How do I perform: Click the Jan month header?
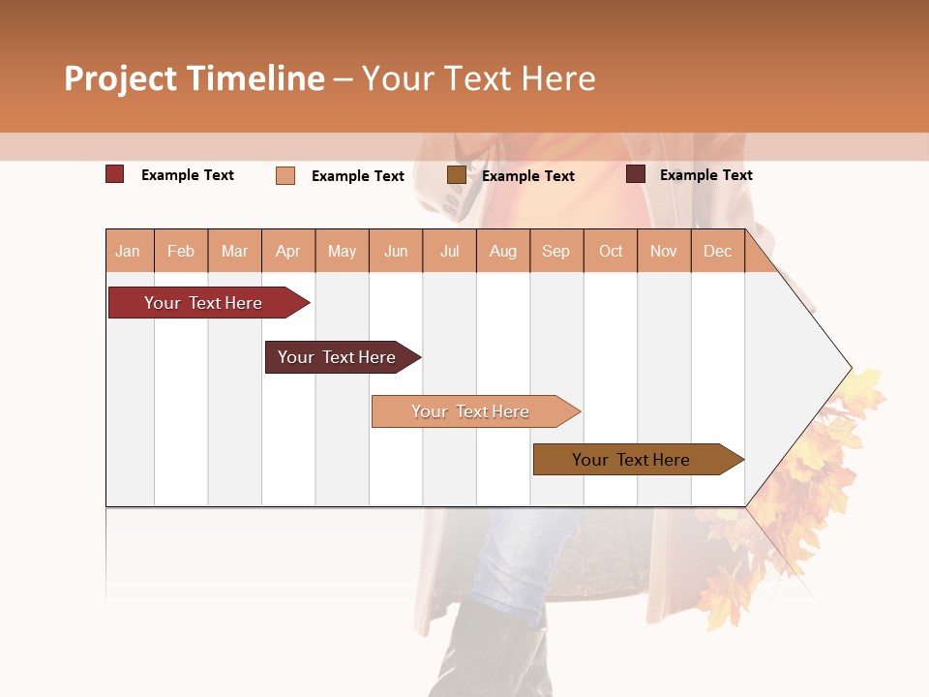pos(128,251)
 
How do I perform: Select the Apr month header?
pos(288,251)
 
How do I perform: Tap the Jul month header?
pos(449,251)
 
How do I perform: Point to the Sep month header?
pos(555,251)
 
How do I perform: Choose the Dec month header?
pos(717,251)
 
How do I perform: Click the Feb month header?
pos(181,251)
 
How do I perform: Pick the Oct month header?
pos(611,251)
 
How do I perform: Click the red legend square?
pos(115,174)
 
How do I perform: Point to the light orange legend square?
pos(285,175)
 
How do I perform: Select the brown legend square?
pos(456,175)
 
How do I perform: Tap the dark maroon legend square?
pos(636,174)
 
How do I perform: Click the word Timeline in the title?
pos(255,78)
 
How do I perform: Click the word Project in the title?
pos(119,78)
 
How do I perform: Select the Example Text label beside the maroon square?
pos(705,175)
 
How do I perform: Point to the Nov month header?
pos(664,251)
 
